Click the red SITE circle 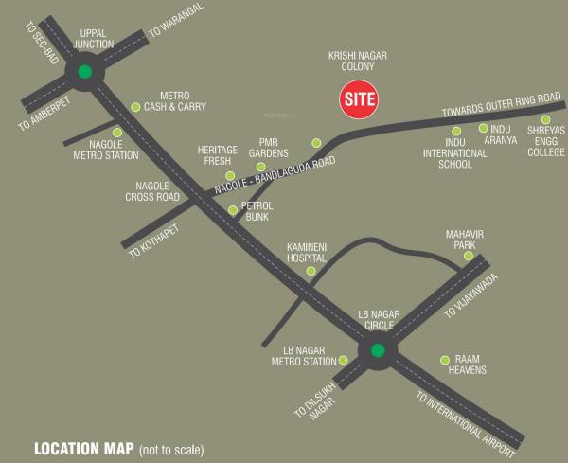[359, 98]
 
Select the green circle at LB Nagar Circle [378, 351]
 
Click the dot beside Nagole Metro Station [117, 133]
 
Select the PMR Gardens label [268, 150]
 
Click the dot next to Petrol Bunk [234, 210]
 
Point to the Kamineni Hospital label [306, 251]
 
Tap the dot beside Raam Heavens [445, 359]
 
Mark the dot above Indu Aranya [484, 128]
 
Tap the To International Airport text [468, 418]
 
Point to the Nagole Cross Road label [152, 191]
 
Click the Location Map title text [85, 448]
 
